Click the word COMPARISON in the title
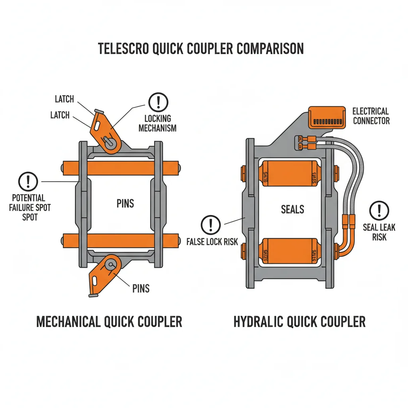pos(270,49)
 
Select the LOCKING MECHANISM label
pos(158,123)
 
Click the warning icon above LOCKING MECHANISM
pos(158,102)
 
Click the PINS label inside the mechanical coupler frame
pos(125,204)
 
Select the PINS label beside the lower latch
pos(141,288)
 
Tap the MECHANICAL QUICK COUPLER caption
pos(109,322)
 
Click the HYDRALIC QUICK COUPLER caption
pos(299,322)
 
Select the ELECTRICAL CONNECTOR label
pos(371,116)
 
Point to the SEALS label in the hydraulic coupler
pos(292,209)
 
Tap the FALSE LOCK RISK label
pos(212,241)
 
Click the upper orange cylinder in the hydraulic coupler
pos(288,174)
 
